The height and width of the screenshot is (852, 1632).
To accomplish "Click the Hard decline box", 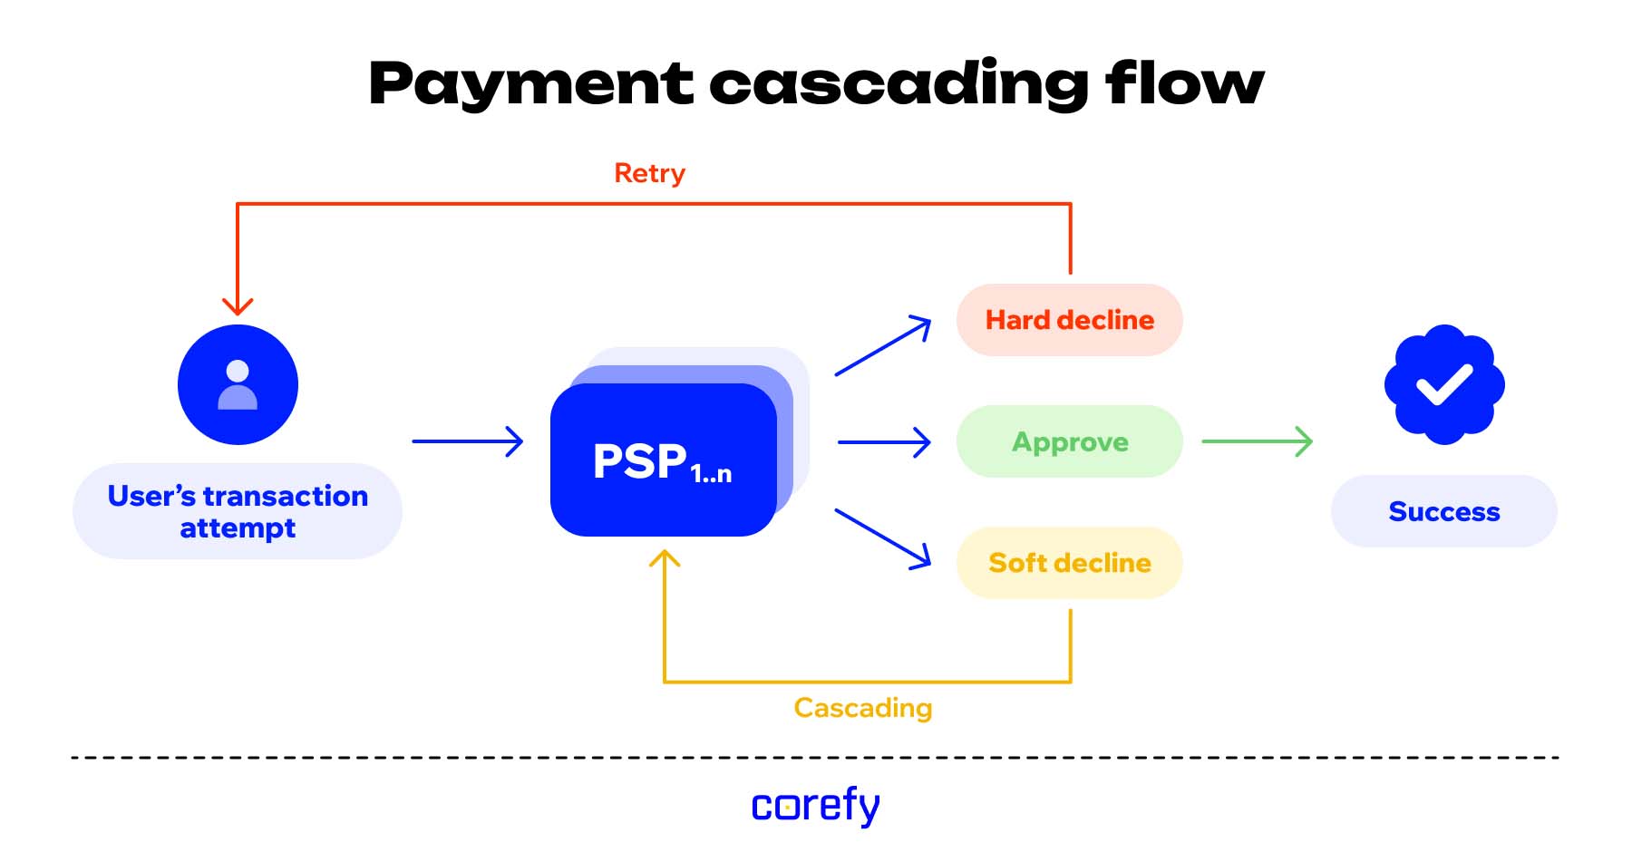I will coord(1069,320).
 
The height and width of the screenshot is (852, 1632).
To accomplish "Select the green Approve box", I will coord(1069,441).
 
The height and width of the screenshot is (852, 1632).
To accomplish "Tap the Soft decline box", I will coord(1069,563).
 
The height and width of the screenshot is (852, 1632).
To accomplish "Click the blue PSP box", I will coord(663,460).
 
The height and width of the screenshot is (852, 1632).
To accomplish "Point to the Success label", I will coord(1443,511).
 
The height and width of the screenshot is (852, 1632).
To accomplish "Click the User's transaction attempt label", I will coord(238,511).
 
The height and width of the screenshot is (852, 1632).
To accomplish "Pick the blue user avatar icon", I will coord(238,384).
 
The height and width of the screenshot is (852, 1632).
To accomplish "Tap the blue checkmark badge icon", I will coord(1444,384).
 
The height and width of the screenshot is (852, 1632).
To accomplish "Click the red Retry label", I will coord(649,173).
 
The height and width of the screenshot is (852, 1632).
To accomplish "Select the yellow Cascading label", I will coord(862,708).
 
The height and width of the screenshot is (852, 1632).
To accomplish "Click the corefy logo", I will coord(815,805).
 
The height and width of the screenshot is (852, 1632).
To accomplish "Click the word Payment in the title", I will coord(530,84).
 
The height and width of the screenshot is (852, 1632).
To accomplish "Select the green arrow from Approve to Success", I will coord(1257,441).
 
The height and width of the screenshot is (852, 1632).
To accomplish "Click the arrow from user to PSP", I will coord(467,441).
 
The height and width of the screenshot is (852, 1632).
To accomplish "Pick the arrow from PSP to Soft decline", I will coord(883,538).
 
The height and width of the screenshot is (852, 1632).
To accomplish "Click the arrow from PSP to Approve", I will coord(884,442).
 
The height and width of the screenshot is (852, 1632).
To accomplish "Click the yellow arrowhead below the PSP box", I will coord(665,559).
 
